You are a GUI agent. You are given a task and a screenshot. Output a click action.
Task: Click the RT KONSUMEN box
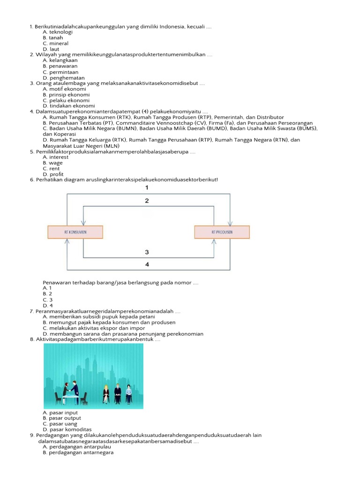[x=75, y=232]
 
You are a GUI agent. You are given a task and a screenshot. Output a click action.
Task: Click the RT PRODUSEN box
[x=222, y=232]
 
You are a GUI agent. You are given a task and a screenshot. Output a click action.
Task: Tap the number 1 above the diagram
[x=147, y=187]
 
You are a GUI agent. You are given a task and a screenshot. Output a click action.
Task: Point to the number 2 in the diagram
[x=147, y=201]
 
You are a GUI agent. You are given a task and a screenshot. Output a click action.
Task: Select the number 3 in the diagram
[x=147, y=252]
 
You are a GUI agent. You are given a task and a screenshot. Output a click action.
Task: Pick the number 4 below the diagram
[x=147, y=264]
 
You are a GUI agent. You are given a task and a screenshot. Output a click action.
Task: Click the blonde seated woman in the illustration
[x=106, y=393]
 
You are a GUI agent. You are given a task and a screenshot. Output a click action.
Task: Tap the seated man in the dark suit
[x=117, y=393]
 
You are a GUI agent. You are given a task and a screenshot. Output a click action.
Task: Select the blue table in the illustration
[x=71, y=397]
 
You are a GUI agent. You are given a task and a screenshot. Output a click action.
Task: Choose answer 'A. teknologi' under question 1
[x=57, y=32]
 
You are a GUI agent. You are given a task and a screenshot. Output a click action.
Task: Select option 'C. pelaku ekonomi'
[x=66, y=100]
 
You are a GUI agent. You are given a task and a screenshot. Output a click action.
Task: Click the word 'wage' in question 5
[x=56, y=163]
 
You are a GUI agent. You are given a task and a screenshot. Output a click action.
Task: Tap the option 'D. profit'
[x=53, y=174]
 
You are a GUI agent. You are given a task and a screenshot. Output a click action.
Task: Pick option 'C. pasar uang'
[x=60, y=424]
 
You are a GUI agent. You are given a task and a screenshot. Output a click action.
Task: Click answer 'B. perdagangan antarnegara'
[x=78, y=453]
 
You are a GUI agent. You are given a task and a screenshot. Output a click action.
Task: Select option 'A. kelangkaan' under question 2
[x=60, y=60]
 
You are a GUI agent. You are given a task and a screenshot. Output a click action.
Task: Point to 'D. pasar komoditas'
[x=67, y=429]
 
